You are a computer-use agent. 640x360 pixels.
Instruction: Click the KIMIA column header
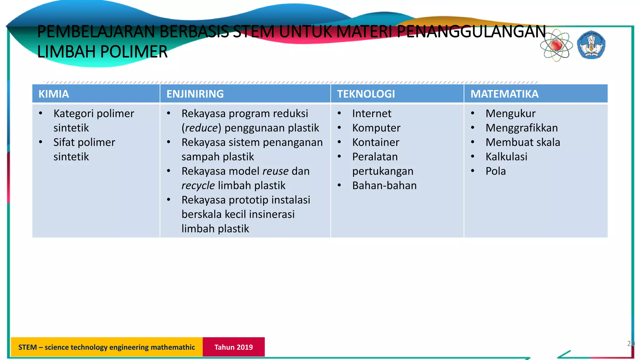(x=53, y=94)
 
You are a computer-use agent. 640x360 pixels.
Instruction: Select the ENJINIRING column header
(x=195, y=94)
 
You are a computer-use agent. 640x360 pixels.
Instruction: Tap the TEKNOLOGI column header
(x=366, y=94)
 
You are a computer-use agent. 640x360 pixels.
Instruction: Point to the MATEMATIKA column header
(x=504, y=94)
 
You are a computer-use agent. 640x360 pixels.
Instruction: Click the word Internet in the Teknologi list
(x=371, y=113)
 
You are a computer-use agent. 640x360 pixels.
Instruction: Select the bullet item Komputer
(x=376, y=128)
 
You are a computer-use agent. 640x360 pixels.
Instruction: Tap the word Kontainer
(x=375, y=142)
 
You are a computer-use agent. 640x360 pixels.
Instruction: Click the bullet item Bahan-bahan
(x=384, y=185)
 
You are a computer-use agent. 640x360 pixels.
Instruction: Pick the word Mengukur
(x=510, y=113)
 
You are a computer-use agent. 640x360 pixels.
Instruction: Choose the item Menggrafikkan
(x=521, y=128)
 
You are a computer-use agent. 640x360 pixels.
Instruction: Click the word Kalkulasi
(x=506, y=157)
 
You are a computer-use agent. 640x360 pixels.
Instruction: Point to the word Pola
(x=495, y=171)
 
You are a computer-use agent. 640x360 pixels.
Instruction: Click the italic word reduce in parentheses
(x=201, y=128)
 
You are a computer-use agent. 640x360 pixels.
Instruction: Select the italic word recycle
(x=198, y=185)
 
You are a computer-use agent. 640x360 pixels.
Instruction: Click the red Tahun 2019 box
(x=233, y=347)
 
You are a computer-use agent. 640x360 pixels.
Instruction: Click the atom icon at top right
(x=556, y=46)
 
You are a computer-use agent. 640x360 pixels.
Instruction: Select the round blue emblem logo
(x=591, y=45)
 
